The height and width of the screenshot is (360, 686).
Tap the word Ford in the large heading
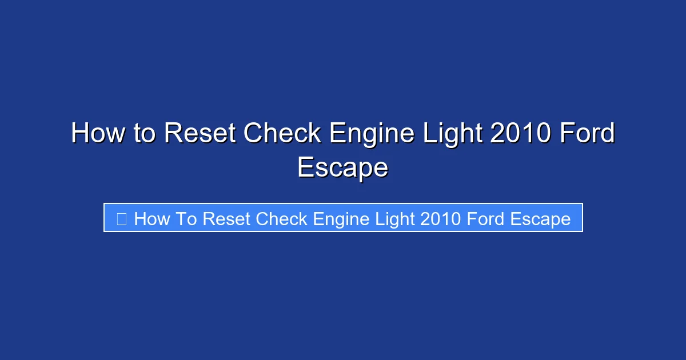[587, 134]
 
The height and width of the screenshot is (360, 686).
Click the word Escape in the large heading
[343, 168]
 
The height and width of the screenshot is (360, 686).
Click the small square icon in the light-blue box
[121, 219]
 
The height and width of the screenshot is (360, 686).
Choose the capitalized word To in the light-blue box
[186, 219]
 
